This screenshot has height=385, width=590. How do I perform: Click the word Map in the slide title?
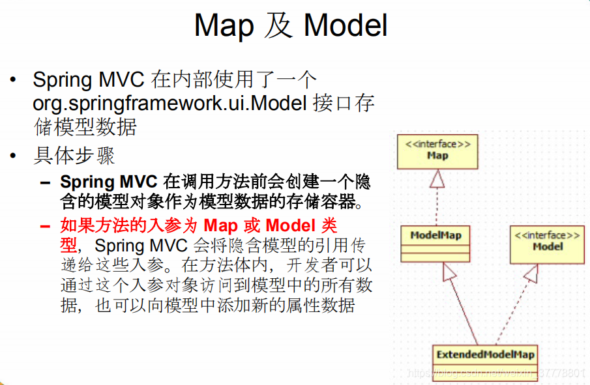pyautogui.click(x=224, y=26)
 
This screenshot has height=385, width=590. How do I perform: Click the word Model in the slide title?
pyautogui.click(x=346, y=26)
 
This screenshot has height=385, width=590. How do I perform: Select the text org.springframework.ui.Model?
pyautogui.click(x=170, y=104)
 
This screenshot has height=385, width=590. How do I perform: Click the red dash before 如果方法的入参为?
pyautogui.click(x=45, y=226)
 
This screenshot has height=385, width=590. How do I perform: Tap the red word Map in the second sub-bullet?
pyautogui.click(x=222, y=225)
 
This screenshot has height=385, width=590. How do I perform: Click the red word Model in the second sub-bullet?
pyautogui.click(x=291, y=225)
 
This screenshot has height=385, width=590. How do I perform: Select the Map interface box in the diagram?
pyautogui.click(x=437, y=151)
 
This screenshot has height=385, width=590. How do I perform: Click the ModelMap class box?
pyautogui.click(x=435, y=244)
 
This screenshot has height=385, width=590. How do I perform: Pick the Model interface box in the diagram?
pyautogui.click(x=547, y=244)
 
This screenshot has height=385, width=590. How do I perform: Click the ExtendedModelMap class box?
pyautogui.click(x=485, y=355)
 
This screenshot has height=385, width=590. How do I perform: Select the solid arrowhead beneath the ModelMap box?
pyautogui.click(x=450, y=272)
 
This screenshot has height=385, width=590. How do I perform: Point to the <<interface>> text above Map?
pyautogui.click(x=437, y=144)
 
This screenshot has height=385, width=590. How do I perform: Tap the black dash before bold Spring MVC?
pyautogui.click(x=45, y=182)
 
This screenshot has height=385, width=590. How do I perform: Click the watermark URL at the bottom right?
pyautogui.click(x=495, y=373)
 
